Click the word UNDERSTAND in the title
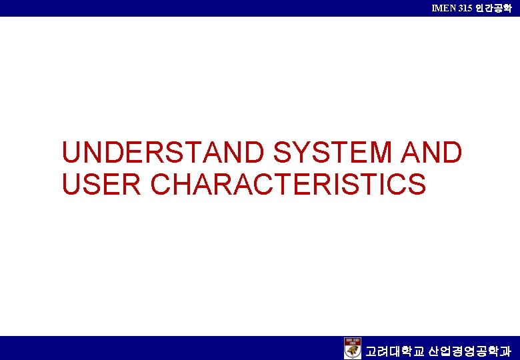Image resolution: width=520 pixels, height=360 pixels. click(163, 153)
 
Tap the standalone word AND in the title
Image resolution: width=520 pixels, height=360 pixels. click(431, 153)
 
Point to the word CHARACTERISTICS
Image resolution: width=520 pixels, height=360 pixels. click(289, 185)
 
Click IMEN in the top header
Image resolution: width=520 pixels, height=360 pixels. click(443, 8)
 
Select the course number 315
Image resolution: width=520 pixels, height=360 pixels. click(465, 8)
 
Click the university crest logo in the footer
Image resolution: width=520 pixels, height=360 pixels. click(353, 348)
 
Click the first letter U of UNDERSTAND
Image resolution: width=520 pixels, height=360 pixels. click(71, 153)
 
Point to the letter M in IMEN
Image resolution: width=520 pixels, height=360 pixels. click(439, 8)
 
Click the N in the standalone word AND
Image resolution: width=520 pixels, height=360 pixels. click(431, 153)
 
